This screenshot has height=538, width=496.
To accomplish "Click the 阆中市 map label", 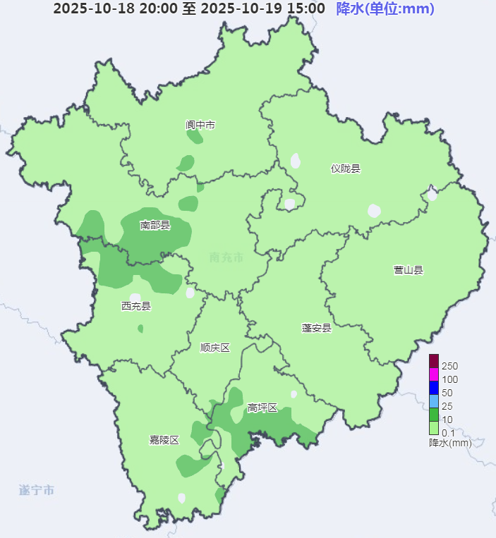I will point(200,125).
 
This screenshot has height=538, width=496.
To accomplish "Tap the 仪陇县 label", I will point(346,169).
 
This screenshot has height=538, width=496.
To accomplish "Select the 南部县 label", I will point(155,226).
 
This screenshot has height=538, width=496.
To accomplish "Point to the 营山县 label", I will point(409,270).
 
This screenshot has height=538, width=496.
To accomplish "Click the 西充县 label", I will point(136,306).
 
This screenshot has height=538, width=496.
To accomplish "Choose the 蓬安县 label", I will point(316,328).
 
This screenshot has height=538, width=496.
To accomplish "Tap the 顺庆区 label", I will point(215,348).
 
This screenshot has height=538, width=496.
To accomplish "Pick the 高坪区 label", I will point(262,408).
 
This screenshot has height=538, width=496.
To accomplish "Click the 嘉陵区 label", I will point(164,440).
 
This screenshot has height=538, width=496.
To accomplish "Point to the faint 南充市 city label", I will point(226,257).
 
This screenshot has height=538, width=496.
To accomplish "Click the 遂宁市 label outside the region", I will point(37,490).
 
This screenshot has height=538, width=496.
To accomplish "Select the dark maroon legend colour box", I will point(434,361).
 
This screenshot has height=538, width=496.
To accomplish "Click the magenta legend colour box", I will point(434,374).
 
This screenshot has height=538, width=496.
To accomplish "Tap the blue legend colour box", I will point(434,388).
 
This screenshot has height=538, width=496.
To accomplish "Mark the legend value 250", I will point(449,366).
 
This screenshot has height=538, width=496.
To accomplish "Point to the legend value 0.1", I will point(447,432).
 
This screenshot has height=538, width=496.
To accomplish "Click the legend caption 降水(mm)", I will point(449,443).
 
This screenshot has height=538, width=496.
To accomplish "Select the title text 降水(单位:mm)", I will point(385,8).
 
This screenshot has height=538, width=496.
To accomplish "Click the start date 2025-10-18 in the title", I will point(85,8).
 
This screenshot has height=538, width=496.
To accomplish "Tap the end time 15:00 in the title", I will point(305,8).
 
